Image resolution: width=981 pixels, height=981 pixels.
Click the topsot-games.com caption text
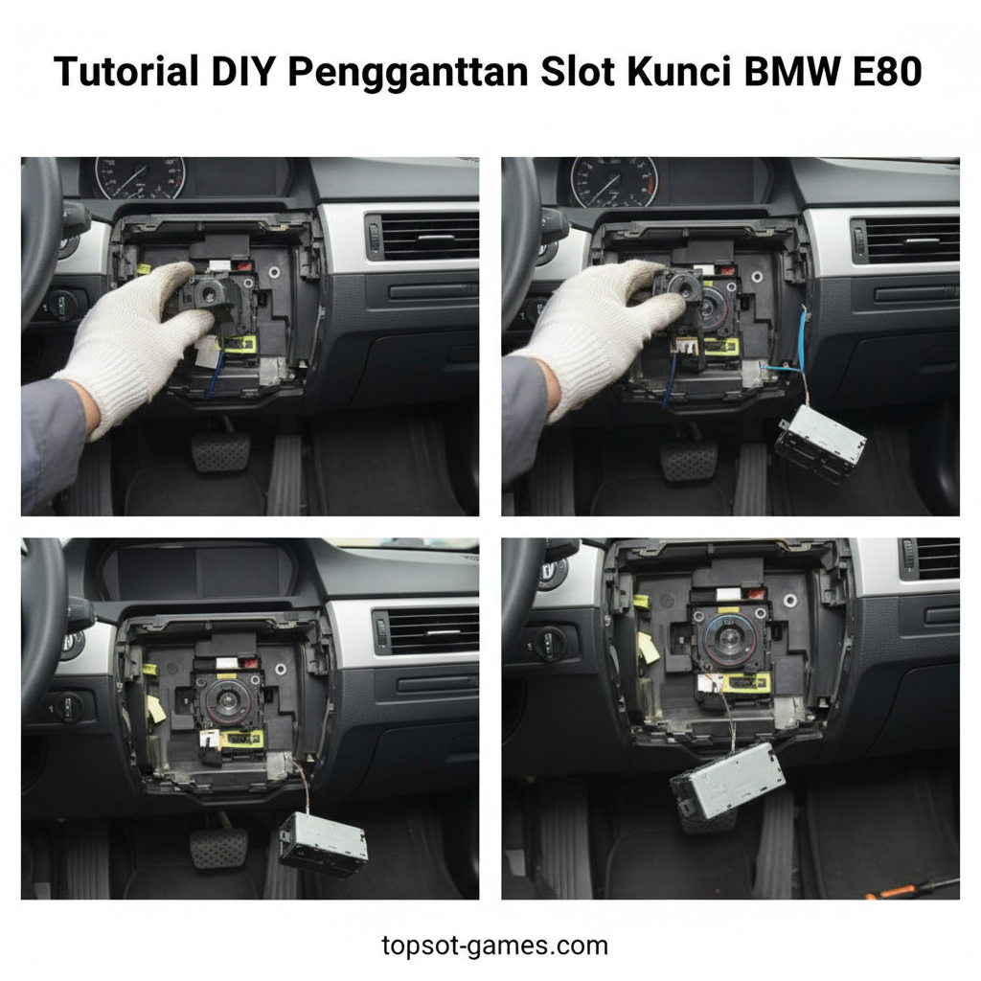coord(494,946)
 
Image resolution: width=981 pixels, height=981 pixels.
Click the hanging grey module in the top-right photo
coord(820,442)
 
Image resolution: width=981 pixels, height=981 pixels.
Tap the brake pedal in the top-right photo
coord(689,460)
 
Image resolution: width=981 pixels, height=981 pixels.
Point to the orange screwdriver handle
coord(886,892)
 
